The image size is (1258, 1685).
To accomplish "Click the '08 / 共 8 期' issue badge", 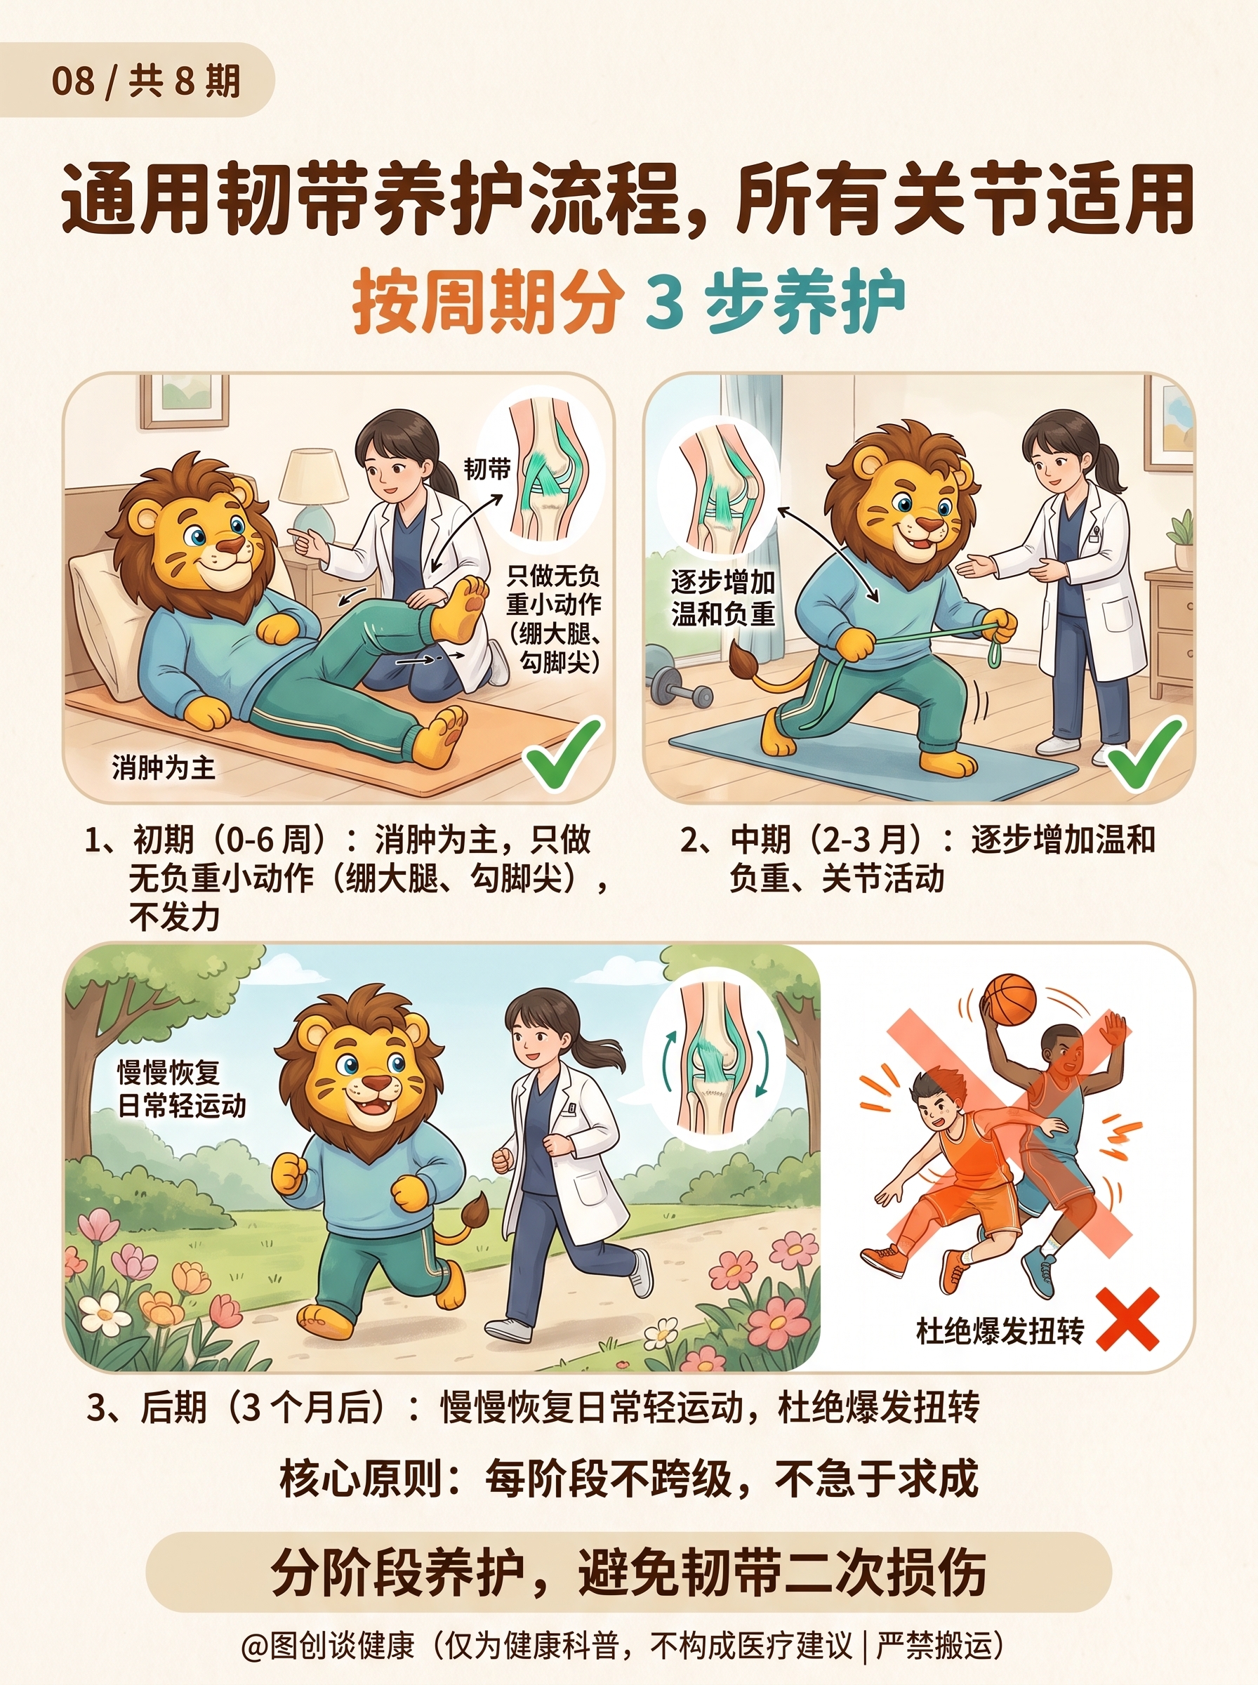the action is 136,80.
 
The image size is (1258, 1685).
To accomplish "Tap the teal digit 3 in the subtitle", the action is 665,300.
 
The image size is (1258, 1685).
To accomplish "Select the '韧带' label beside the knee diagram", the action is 486,469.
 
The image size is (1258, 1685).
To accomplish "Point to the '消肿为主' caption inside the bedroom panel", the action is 163,767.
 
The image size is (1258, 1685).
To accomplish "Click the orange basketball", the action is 1009,999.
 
